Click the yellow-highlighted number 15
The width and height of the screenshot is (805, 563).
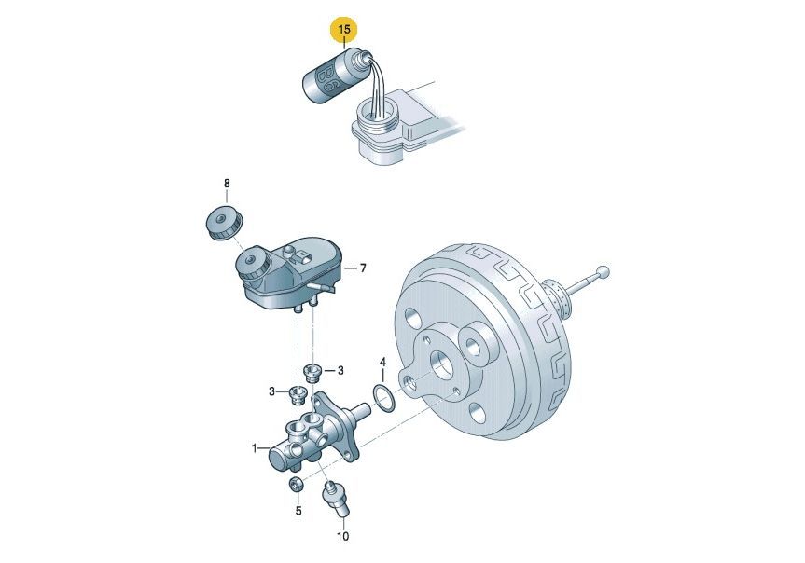(x=344, y=29)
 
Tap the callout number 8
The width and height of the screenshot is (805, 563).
(x=227, y=184)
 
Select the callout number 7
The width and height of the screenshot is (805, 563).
(x=363, y=268)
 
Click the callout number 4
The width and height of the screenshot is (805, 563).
(x=382, y=363)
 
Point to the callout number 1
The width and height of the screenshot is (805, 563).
(x=254, y=448)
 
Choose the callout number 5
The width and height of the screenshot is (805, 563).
(x=298, y=511)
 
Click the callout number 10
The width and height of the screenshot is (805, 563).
(x=342, y=536)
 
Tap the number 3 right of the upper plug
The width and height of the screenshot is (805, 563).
(x=340, y=370)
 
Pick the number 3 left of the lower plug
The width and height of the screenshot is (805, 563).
(x=272, y=392)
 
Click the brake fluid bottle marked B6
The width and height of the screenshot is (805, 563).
(x=334, y=75)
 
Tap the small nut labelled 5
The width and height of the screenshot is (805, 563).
(x=296, y=484)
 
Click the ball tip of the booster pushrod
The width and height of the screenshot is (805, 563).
(x=604, y=271)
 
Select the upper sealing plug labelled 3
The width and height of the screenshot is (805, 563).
(x=312, y=372)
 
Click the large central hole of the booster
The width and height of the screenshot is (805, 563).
(x=441, y=366)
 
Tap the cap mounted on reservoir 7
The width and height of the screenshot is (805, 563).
(x=252, y=263)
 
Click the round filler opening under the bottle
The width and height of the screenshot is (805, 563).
(x=379, y=113)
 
